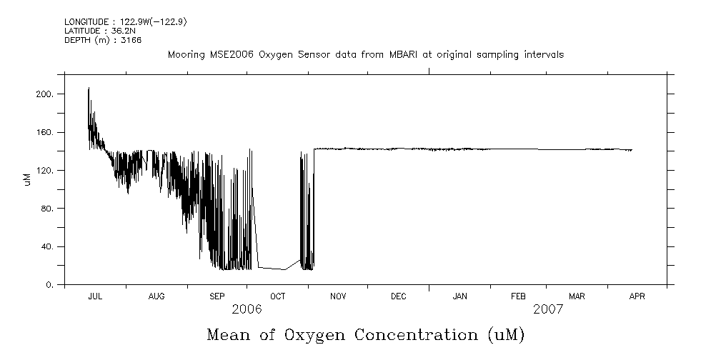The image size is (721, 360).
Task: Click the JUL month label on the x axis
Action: coord(95,296)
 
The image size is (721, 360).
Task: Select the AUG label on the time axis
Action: coord(156,296)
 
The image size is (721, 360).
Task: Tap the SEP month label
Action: coord(217,296)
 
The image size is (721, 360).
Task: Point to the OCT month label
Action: coord(278,296)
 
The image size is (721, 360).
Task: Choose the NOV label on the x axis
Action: coord(338,296)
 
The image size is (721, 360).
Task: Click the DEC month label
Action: coord(398,296)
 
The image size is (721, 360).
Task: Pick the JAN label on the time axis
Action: coord(459,296)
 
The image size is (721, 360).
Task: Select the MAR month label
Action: coord(577,296)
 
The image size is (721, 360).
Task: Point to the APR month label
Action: coord(637,296)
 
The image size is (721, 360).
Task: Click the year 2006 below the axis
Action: coord(247,310)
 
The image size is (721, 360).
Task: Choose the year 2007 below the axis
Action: coord(548,310)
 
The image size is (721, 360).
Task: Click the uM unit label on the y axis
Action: coord(27,179)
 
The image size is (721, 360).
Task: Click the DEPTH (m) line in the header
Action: coord(103,40)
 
